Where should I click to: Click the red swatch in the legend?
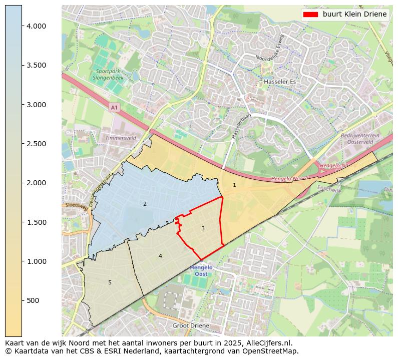tap(310, 14)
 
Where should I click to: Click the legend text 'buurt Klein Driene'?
tap(354, 14)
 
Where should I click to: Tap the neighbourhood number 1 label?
tap(234, 185)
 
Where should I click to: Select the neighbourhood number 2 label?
tap(145, 204)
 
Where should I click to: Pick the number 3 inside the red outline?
tap(203, 228)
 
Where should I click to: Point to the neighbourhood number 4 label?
tap(160, 256)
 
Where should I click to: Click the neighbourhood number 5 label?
tap(110, 283)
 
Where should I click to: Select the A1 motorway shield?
tap(114, 107)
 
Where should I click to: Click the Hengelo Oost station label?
tap(201, 270)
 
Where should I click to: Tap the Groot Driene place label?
tap(191, 325)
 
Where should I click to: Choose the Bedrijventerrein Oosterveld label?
tap(359, 139)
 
